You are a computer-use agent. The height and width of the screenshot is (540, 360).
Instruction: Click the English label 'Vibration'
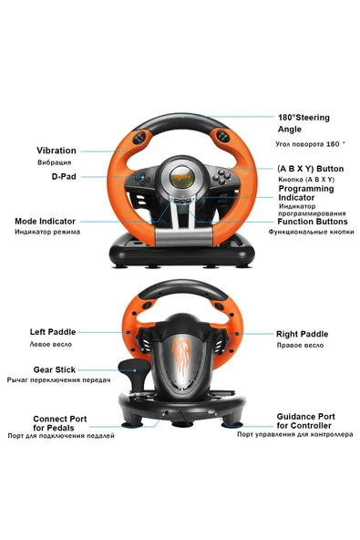[57, 151]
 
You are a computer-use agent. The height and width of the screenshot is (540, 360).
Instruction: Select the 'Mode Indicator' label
[57, 221]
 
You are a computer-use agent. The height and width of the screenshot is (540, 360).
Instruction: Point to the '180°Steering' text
[303, 118]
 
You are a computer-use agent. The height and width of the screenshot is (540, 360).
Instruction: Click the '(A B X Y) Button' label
[310, 169]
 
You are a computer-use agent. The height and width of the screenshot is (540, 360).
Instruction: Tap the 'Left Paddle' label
[52, 332]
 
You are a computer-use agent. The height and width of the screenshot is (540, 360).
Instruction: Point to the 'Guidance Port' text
[305, 416]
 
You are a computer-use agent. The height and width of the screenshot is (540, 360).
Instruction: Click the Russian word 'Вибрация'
[54, 162]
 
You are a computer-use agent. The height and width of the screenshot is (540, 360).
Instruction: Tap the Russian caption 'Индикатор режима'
[46, 233]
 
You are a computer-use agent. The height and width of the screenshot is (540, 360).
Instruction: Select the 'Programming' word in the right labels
[306, 188]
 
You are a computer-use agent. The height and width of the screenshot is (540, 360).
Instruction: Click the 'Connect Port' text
[60, 418]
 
